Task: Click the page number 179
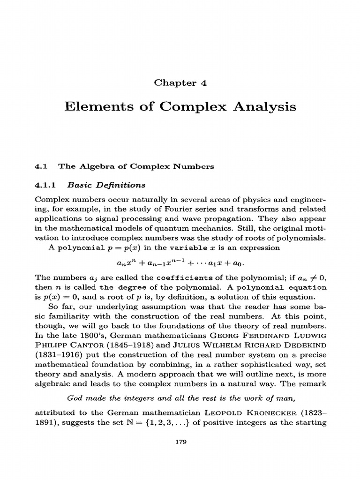pyautogui.click(x=180, y=444)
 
